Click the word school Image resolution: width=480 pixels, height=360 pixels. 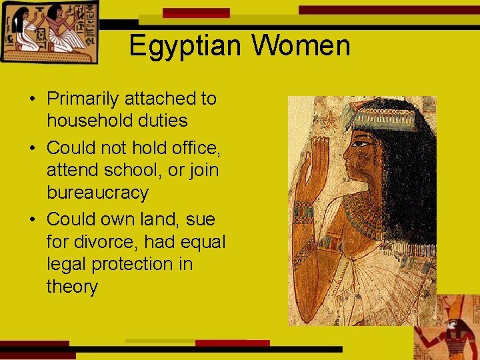tap(134, 170)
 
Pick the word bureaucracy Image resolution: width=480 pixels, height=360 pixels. tap(97, 193)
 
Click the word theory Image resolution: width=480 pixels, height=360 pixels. tap(72, 287)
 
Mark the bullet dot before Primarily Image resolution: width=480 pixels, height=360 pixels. tap(32, 99)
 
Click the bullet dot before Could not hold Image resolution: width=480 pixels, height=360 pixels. tap(32, 147)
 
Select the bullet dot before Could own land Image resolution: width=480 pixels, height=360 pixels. tap(32, 219)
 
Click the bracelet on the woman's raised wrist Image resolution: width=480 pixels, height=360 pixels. tap(305, 212)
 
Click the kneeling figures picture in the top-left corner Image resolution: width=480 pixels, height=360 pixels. tap(48, 31)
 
